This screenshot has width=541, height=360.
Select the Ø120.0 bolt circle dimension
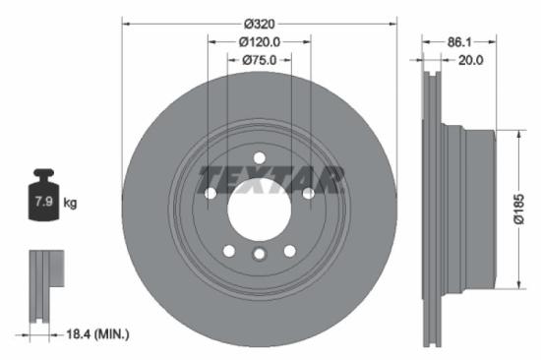tap(260, 41)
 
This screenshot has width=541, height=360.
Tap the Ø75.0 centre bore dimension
tap(260, 60)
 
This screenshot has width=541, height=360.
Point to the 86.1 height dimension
tap(459, 42)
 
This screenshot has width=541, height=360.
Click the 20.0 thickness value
tap(471, 60)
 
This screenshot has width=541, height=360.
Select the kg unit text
tap(70, 204)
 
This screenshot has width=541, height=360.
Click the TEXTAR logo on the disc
tap(271, 180)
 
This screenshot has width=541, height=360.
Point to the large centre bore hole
tap(259, 209)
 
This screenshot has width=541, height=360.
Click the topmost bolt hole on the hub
tap(259, 158)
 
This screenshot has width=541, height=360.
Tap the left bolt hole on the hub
tap(210, 194)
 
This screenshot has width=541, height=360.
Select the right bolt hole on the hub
tap(308, 194)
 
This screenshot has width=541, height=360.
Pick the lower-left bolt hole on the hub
tap(229, 251)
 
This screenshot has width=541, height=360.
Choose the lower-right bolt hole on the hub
tap(289, 251)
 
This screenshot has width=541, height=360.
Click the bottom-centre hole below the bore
tap(259, 256)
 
